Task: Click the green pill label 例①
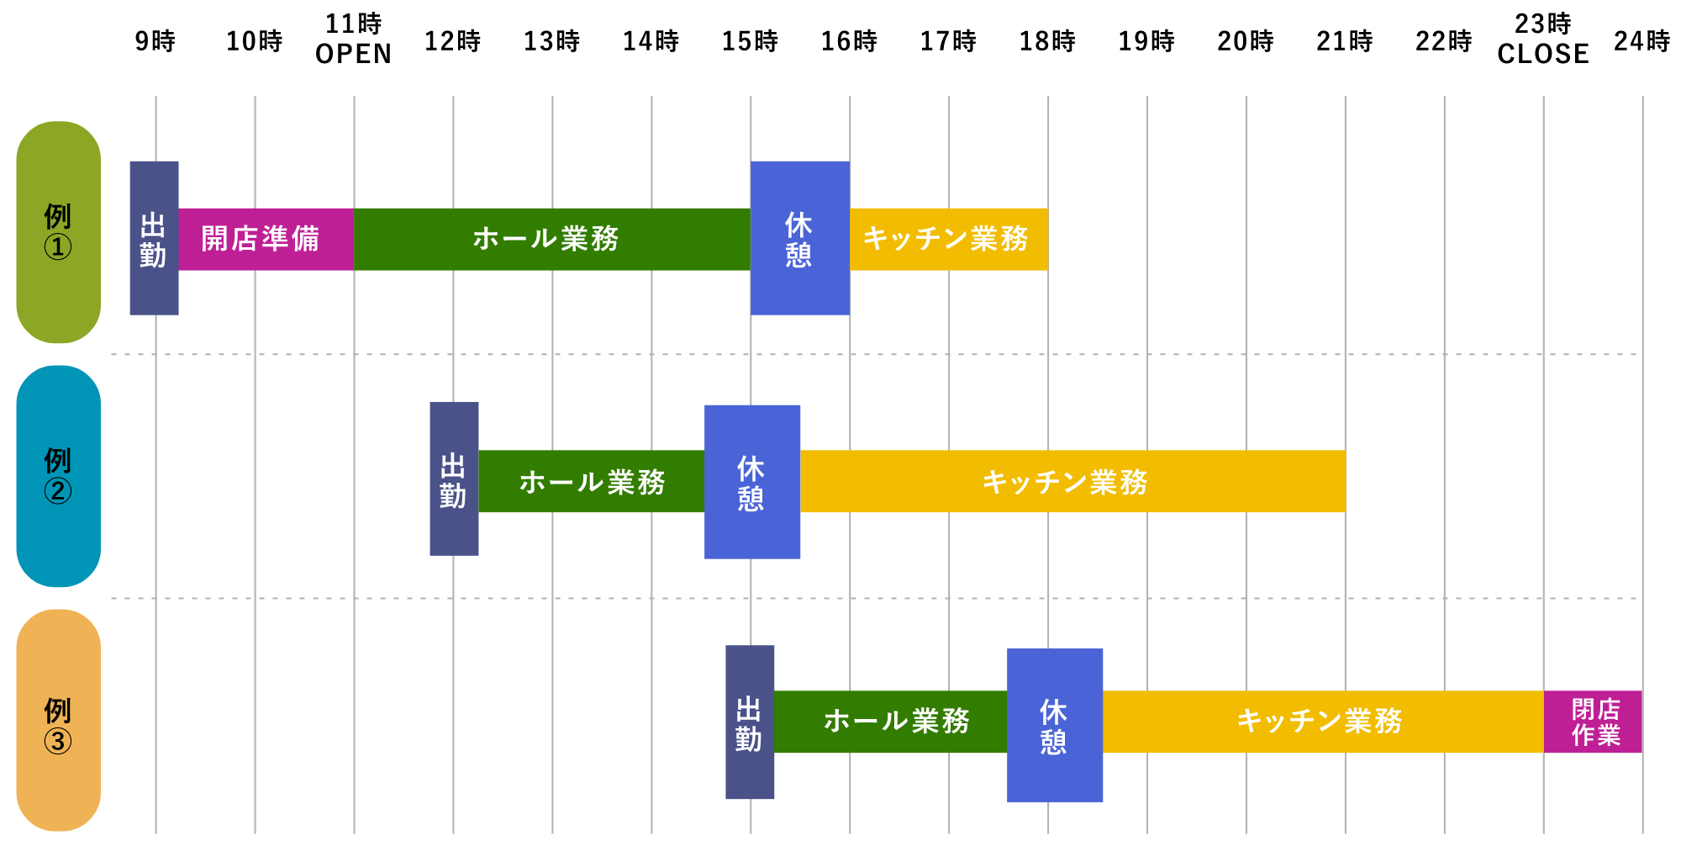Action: [59, 231]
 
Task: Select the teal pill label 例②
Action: [59, 476]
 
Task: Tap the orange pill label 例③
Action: [59, 720]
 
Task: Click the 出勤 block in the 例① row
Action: [154, 238]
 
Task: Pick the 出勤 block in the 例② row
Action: [454, 478]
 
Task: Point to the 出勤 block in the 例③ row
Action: [750, 722]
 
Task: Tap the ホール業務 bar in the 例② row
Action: [592, 481]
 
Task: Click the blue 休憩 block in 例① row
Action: [799, 238]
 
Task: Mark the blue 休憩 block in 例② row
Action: [752, 482]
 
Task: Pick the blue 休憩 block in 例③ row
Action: [1055, 725]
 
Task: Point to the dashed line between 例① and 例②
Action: [874, 354]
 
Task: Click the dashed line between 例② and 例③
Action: [874, 598]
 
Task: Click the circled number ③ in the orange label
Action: [58, 741]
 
